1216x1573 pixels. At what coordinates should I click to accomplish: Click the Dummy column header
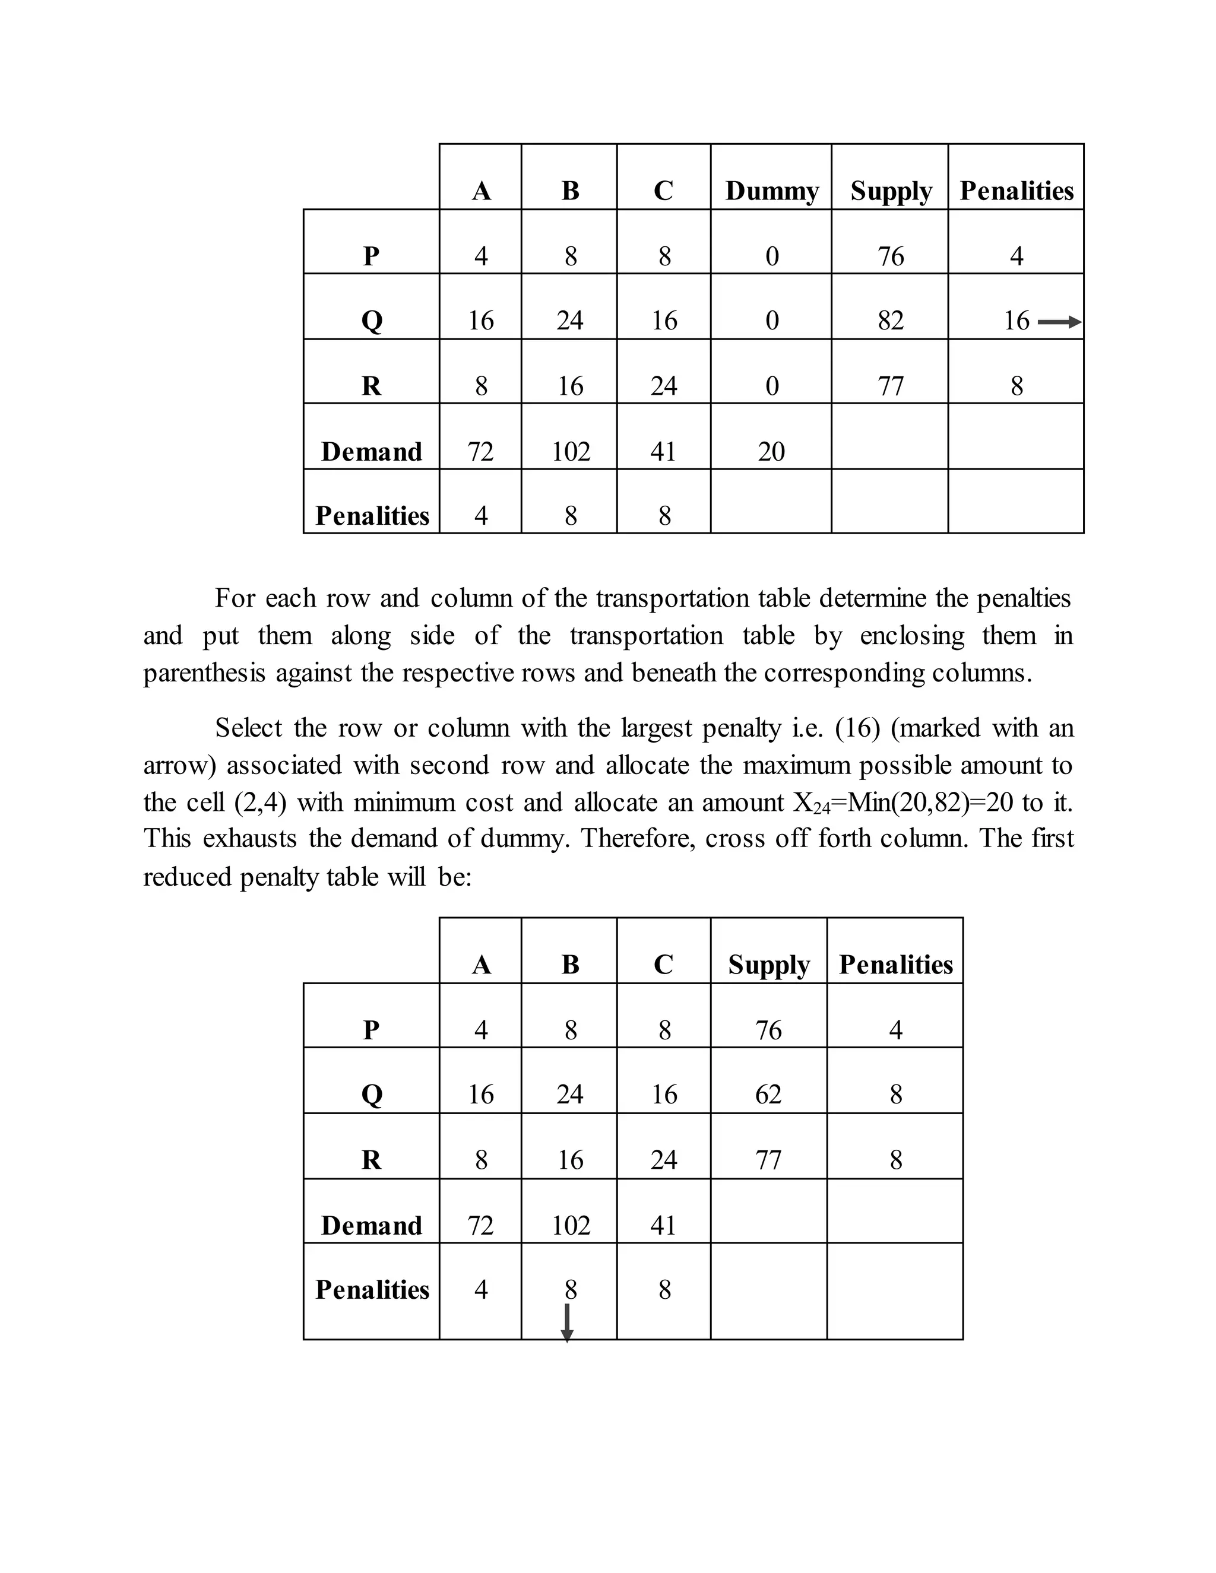pyautogui.click(x=771, y=191)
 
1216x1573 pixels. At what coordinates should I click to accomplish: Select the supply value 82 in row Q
pyautogui.click(x=891, y=321)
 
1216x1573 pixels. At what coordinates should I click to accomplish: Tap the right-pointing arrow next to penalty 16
pyautogui.click(x=1059, y=322)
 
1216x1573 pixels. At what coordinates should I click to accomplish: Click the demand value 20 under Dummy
pyautogui.click(x=771, y=452)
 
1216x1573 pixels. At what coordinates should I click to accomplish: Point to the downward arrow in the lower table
pyautogui.click(x=567, y=1323)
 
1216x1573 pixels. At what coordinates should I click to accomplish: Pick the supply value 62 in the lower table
pyautogui.click(x=768, y=1094)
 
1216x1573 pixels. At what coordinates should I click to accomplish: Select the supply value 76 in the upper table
pyautogui.click(x=891, y=256)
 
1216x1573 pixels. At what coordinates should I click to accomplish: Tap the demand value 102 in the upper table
pyautogui.click(x=571, y=452)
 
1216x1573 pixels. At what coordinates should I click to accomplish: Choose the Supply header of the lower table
pyautogui.click(x=769, y=965)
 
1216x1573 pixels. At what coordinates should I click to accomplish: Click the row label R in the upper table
pyautogui.click(x=371, y=386)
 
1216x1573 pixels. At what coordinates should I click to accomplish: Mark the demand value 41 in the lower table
pyautogui.click(x=663, y=1225)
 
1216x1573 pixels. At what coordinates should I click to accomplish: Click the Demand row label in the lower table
pyautogui.click(x=371, y=1225)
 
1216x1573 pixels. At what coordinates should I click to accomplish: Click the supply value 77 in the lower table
pyautogui.click(x=768, y=1160)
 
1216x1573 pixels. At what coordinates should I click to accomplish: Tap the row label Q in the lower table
pyautogui.click(x=371, y=1095)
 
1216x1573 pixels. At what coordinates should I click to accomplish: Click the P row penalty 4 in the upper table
pyautogui.click(x=1016, y=256)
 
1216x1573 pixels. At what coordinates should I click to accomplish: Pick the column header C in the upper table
pyautogui.click(x=663, y=191)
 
